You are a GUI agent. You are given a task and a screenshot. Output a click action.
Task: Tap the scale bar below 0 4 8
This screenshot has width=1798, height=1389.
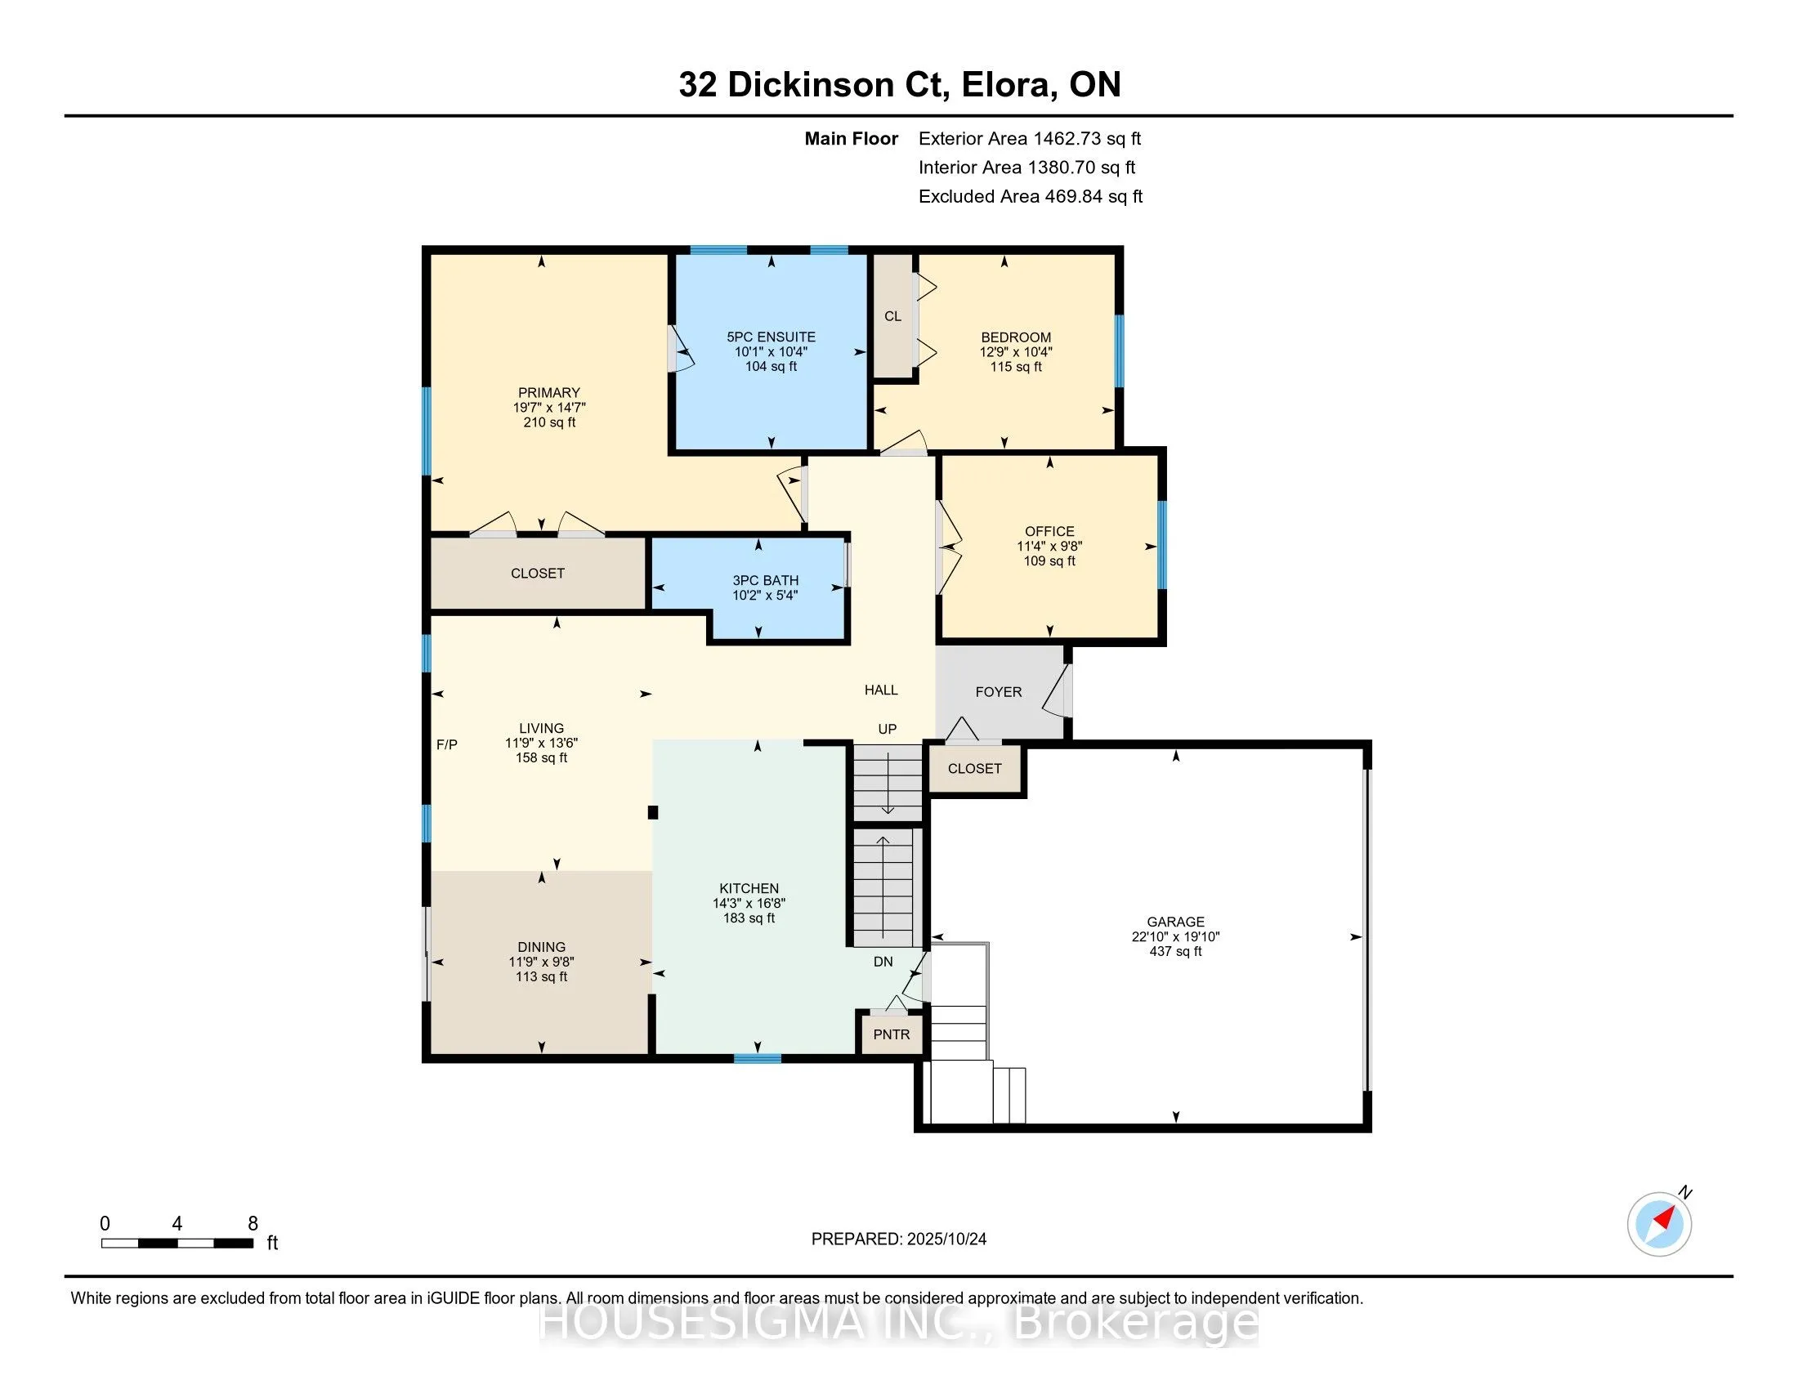[177, 1244]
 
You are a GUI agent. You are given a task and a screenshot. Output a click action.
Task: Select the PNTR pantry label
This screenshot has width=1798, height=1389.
[892, 1034]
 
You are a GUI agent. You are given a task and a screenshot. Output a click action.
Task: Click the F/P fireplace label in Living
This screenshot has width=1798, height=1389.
[447, 744]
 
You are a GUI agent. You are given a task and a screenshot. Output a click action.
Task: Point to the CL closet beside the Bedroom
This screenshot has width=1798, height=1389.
[893, 316]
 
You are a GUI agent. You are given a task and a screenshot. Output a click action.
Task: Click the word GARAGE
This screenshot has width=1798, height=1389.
[1175, 922]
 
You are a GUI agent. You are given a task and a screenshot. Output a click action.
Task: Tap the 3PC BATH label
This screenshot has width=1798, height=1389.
[766, 580]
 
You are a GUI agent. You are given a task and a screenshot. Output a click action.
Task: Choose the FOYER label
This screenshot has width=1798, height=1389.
[999, 692]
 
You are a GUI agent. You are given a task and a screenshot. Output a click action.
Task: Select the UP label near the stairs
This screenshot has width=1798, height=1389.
[888, 729]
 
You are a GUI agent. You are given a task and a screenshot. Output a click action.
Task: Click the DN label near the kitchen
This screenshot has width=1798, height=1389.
[883, 961]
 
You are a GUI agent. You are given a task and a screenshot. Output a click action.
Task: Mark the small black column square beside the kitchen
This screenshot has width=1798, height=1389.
[653, 812]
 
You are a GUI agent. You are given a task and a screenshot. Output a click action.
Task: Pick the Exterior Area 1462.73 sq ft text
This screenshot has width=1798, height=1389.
[1030, 138]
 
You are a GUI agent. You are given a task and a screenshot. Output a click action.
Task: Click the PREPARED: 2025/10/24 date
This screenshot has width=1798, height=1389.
[899, 1239]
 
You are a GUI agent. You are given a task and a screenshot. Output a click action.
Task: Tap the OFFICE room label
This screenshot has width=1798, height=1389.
[1049, 532]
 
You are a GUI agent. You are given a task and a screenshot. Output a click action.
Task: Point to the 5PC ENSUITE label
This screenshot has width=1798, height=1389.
[772, 337]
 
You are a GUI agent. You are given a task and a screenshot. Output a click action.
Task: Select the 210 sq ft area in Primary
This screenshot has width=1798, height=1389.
[549, 422]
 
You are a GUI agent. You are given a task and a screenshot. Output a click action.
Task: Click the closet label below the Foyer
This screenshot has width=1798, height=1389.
[975, 769]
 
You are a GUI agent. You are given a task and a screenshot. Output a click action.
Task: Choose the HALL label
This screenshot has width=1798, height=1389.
[881, 690]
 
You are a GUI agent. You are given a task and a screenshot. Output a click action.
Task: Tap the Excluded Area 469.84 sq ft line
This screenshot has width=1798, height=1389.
[1031, 196]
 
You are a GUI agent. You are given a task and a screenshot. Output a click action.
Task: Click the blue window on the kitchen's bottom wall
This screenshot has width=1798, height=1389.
[758, 1059]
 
